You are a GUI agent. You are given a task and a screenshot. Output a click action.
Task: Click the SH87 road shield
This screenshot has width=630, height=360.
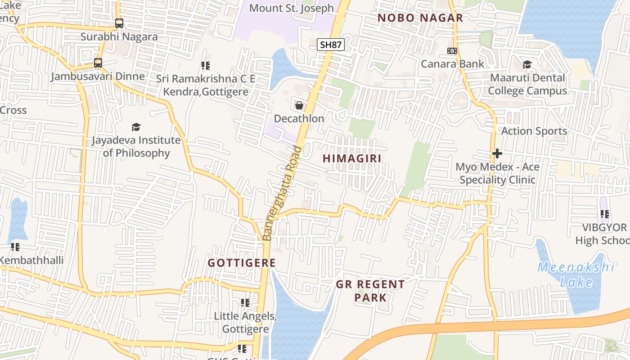pyautogui.click(x=331, y=45)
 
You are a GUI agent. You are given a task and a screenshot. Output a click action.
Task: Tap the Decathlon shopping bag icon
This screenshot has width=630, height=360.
pyautogui.click(x=299, y=105)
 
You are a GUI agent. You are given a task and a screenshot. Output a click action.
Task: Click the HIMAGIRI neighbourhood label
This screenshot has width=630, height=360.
pyautogui.click(x=352, y=158)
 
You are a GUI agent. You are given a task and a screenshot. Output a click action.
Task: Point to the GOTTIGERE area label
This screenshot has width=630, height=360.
pyautogui.click(x=242, y=263)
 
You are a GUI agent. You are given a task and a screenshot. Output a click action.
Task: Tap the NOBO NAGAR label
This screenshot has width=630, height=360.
pyautogui.click(x=420, y=18)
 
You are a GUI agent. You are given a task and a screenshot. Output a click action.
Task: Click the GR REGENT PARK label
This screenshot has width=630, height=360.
pyautogui.click(x=370, y=291)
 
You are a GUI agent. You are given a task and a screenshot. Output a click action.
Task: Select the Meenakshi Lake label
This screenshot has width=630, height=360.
pyautogui.click(x=576, y=274)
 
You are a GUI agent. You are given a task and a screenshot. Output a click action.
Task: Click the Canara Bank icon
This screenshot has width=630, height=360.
pyautogui.click(x=452, y=51)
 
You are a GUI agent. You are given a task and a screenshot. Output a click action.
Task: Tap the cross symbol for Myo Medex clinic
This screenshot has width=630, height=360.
pyautogui.click(x=497, y=153)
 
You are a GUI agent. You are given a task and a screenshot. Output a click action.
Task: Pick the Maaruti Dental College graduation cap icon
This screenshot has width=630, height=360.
pyautogui.click(x=527, y=65)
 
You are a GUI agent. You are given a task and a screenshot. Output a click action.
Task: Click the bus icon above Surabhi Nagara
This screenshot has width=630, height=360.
pyautogui.click(x=119, y=23)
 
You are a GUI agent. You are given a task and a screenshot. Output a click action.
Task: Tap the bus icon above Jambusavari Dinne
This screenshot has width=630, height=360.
pyautogui.click(x=98, y=63)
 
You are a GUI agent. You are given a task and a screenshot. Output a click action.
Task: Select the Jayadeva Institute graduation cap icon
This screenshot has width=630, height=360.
pyautogui.click(x=136, y=127)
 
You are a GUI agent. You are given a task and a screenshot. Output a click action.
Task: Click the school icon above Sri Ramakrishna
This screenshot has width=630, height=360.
pyautogui.click(x=206, y=66)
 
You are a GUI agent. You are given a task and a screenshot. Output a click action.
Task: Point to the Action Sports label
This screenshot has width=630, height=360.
pyautogui.click(x=534, y=131)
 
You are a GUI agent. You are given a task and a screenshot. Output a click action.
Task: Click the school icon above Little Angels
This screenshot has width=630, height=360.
pyautogui.click(x=245, y=303)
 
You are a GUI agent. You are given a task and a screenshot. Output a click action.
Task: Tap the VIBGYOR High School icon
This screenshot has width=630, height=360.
pyautogui.click(x=604, y=214)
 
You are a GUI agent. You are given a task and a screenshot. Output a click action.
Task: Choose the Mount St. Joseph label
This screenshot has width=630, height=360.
pyautogui.click(x=292, y=8)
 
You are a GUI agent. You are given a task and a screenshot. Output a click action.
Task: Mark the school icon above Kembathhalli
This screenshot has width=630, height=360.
pyautogui.click(x=16, y=247)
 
